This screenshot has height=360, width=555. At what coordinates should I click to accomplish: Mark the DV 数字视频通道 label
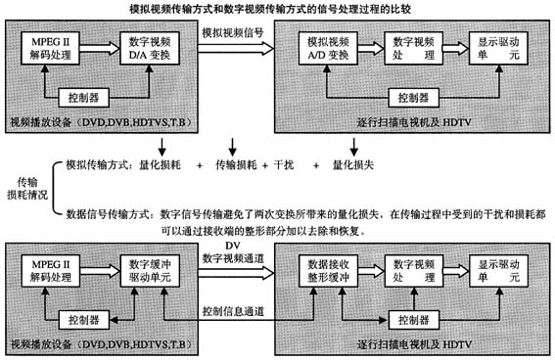[232, 250]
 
